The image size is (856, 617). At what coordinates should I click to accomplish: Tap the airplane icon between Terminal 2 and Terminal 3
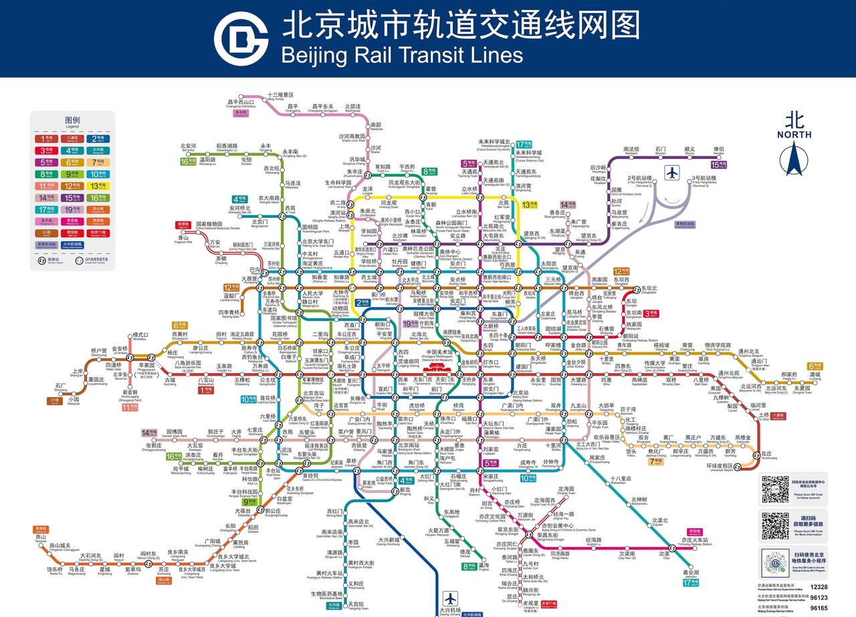pyautogui.click(x=672, y=172)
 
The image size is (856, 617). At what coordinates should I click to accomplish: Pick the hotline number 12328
pyautogui.click(x=819, y=587)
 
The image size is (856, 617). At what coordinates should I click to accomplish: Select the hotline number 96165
pyautogui.click(x=819, y=608)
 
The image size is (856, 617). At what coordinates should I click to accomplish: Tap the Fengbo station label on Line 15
pyautogui.click(x=718, y=151)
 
